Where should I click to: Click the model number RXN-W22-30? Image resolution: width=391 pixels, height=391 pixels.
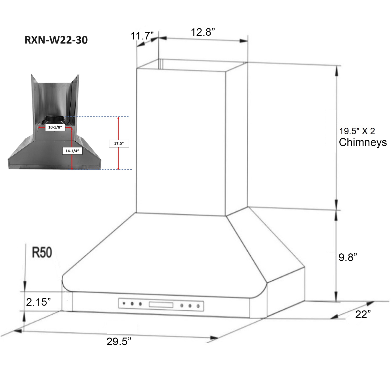click(56, 40)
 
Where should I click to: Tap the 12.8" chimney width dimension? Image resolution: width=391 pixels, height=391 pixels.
click(203, 32)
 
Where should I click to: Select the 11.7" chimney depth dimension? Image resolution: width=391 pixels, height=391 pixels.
click(142, 36)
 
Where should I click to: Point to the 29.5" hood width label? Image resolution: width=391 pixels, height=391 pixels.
click(119, 341)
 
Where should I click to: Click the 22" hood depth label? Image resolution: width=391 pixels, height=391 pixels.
click(363, 314)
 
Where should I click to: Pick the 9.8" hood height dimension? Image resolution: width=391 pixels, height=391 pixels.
click(347, 257)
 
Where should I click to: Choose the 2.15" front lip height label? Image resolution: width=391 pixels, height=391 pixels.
click(38, 302)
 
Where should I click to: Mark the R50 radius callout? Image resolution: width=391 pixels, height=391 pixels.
click(42, 252)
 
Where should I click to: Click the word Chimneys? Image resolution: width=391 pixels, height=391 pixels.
click(363, 142)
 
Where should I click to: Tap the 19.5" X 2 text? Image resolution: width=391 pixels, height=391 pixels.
click(357, 131)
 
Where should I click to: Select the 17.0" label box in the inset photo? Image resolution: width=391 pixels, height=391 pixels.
click(119, 144)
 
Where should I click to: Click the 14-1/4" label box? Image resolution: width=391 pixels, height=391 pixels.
click(72, 151)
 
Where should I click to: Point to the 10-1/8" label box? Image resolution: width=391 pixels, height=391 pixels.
click(55, 127)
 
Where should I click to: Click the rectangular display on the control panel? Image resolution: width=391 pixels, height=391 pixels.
click(161, 304)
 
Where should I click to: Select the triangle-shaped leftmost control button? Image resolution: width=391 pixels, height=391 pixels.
click(124, 303)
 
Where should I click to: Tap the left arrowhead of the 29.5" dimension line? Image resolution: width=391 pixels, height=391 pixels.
click(18, 331)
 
